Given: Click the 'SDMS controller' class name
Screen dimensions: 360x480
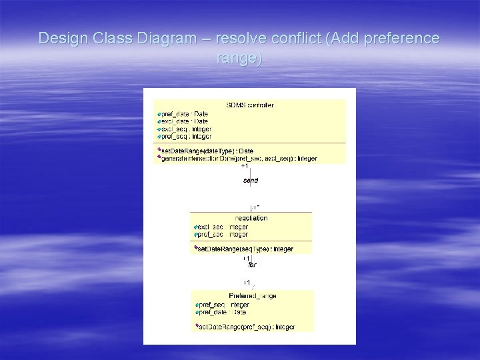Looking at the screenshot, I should (250, 105).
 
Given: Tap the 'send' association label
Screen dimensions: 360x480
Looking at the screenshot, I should (250, 181).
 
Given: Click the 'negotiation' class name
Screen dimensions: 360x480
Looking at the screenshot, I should (251, 218).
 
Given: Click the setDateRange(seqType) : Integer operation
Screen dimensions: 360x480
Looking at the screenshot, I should (245, 249).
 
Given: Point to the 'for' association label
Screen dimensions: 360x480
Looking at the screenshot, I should (252, 265).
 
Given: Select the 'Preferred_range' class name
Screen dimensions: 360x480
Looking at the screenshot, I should (253, 296).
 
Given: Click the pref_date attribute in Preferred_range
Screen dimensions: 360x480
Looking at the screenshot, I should (223, 312).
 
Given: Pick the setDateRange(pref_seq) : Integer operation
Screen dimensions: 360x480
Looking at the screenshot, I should (247, 327).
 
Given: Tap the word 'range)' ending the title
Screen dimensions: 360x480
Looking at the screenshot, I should (239, 58).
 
